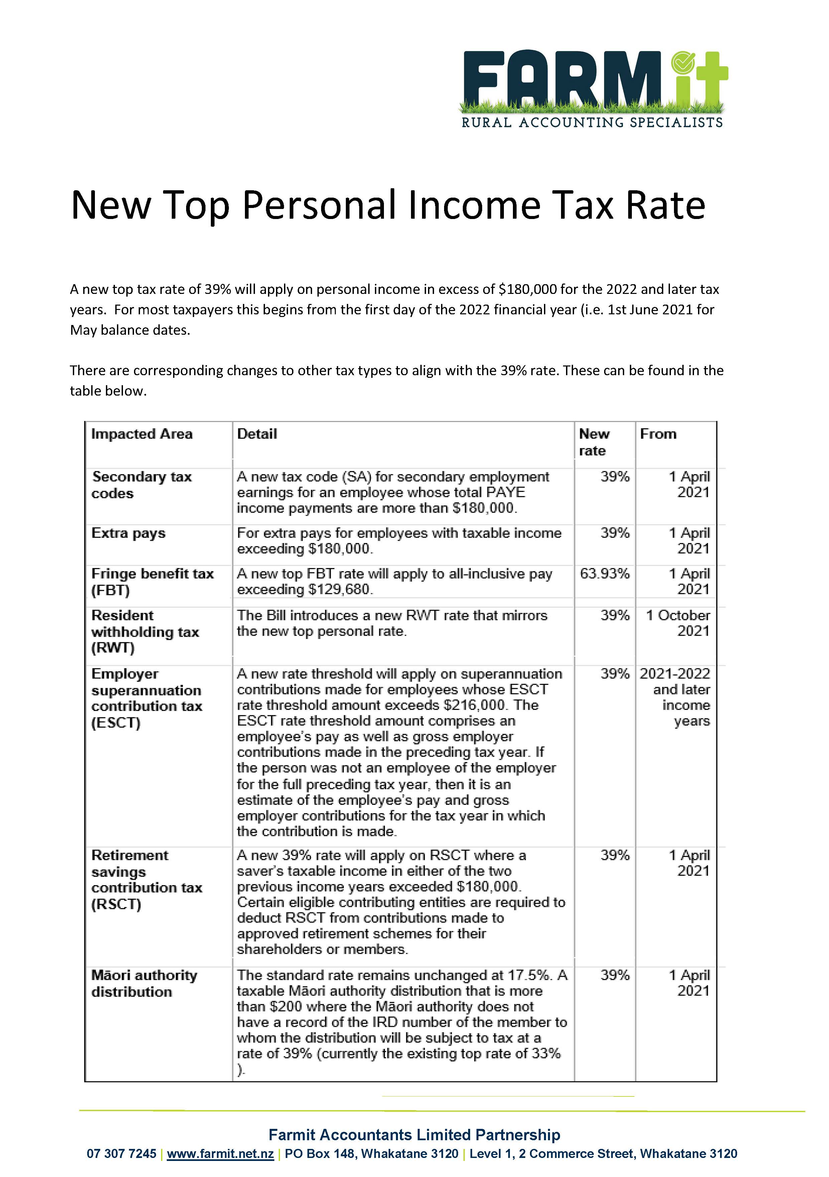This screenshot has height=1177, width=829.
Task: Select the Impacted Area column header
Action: point(142,434)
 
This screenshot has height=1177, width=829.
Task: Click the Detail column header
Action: point(257,434)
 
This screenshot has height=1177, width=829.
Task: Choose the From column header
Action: point(658,434)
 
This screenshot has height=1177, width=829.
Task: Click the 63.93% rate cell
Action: point(604,574)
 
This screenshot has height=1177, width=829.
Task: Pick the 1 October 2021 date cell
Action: point(678,623)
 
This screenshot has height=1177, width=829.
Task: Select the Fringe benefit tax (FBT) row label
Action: point(152,582)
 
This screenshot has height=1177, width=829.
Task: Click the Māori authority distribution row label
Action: point(144,983)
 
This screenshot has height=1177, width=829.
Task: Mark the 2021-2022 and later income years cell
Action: point(675,697)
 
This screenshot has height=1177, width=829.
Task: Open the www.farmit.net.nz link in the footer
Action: point(220,1153)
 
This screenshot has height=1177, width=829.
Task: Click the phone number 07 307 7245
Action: point(121,1153)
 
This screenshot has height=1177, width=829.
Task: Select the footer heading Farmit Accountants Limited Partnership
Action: point(414,1135)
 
